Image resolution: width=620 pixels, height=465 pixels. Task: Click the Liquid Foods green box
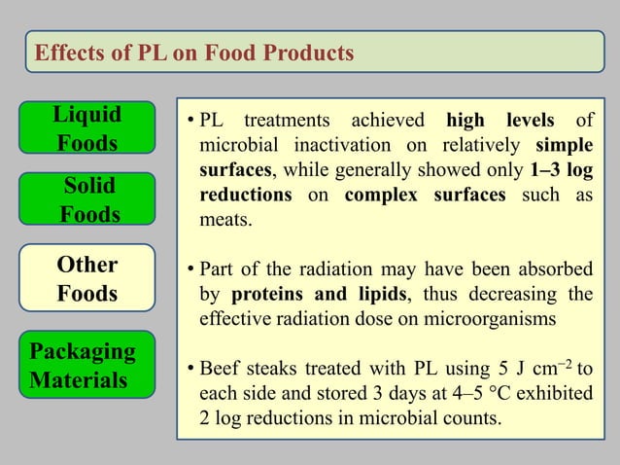(87, 129)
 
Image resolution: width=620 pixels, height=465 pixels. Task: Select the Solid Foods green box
(89, 199)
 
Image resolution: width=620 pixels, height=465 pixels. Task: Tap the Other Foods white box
(87, 279)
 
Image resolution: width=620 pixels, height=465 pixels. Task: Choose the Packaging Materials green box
(89, 364)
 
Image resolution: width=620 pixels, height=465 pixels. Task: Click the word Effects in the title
(70, 53)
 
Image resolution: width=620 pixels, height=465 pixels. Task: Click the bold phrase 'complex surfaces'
(425, 195)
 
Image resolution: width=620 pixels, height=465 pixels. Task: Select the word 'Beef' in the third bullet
(221, 369)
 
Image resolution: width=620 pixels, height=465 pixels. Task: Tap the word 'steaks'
(278, 369)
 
